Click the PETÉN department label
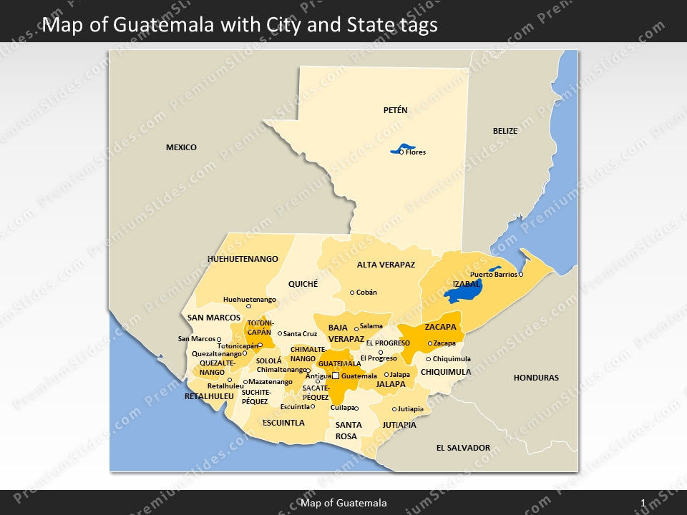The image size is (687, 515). (395, 110)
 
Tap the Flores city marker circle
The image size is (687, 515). (401, 152)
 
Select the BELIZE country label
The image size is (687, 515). (505, 131)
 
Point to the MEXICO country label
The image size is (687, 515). (181, 147)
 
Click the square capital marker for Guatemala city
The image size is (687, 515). (335, 376)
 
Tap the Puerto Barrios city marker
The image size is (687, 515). (521, 275)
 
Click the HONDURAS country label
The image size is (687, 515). (536, 378)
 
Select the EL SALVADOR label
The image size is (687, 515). (463, 448)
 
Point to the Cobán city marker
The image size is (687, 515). (352, 293)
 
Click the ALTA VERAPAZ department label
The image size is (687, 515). (386, 265)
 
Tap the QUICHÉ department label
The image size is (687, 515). (303, 284)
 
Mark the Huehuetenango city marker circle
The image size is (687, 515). (248, 306)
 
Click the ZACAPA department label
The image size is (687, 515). (440, 327)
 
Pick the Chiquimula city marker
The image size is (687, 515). (428, 359)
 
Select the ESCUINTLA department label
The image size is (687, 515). (283, 423)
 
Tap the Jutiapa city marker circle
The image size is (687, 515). (394, 409)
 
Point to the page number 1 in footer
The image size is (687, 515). (643, 503)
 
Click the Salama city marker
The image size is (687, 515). (356, 329)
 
